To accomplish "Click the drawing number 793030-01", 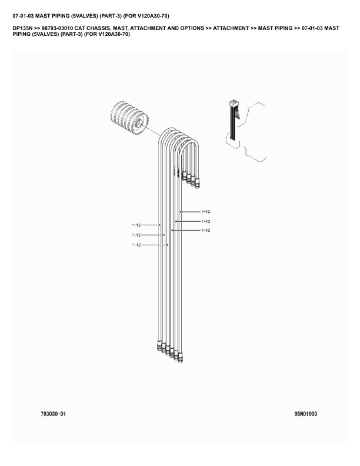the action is [53, 414].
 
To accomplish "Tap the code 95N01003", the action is [306, 414].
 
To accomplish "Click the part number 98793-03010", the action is [57, 28].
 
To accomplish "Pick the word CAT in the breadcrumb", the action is [79, 28].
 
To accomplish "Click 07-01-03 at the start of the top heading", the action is [23, 16].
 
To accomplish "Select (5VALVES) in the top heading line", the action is [84, 16].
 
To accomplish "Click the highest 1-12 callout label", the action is [205, 212].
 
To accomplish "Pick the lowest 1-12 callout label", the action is [136, 245].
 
